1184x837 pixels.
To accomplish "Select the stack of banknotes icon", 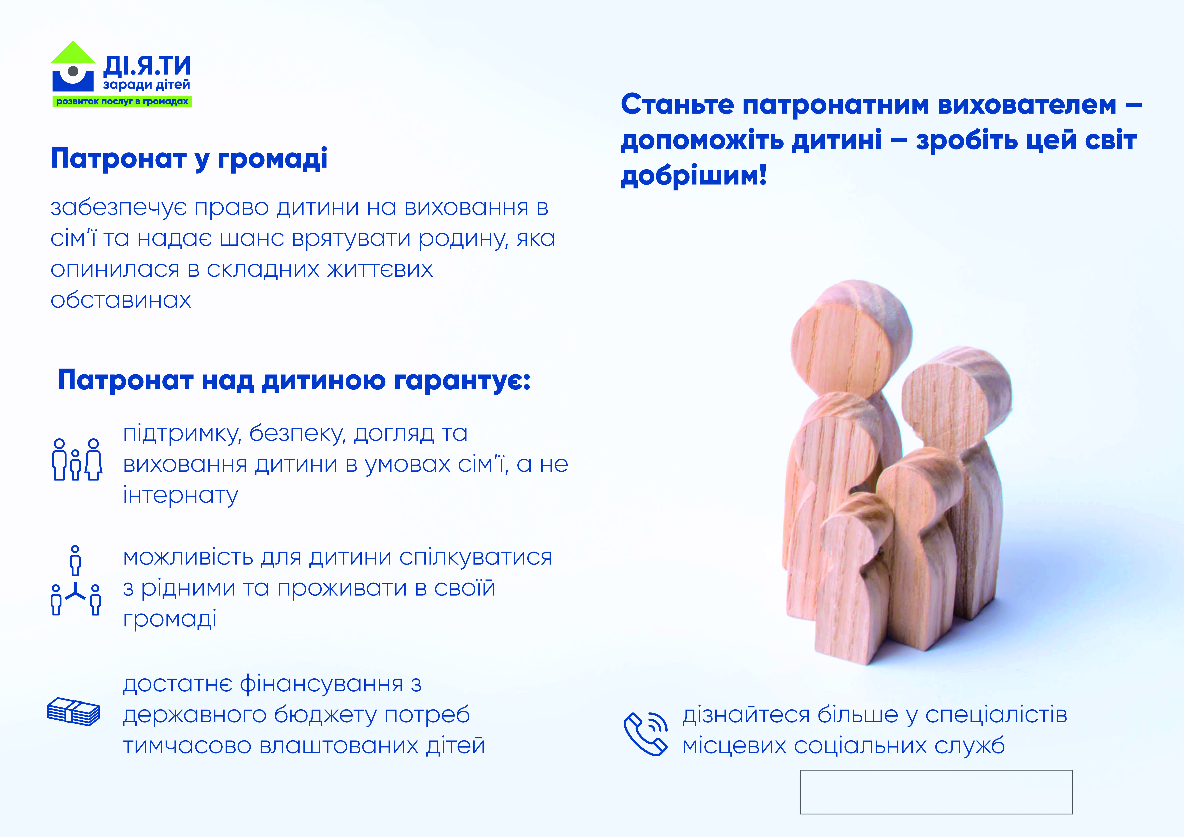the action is click(73, 712).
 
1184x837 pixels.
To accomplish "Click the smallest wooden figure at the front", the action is click(853, 578).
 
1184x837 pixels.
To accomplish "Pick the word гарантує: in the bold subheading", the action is click(463, 381).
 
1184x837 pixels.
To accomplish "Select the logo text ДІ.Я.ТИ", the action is click(147, 66).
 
